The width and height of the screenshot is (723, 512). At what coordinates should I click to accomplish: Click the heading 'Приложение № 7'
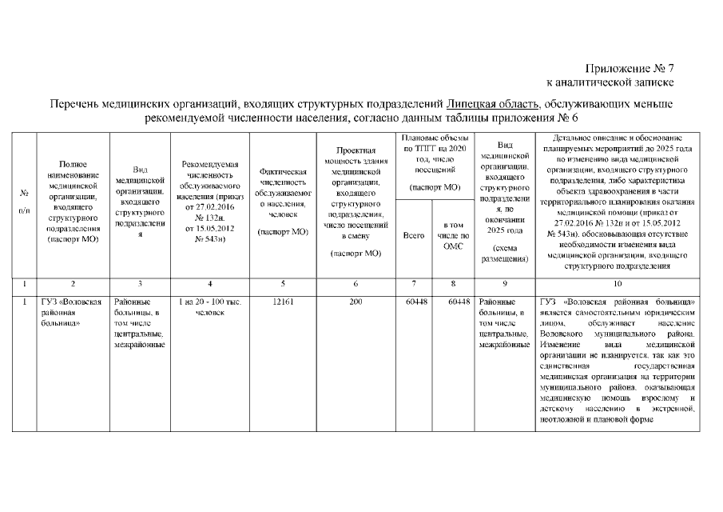tap(630, 68)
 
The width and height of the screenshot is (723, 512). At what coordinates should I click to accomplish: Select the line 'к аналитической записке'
tap(610, 82)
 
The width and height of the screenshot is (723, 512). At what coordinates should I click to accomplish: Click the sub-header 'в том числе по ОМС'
tap(453, 236)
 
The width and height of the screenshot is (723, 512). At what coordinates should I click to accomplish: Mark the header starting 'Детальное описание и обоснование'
tap(616, 200)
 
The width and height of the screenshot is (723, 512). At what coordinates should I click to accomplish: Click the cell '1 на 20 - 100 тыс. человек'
tap(209, 307)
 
